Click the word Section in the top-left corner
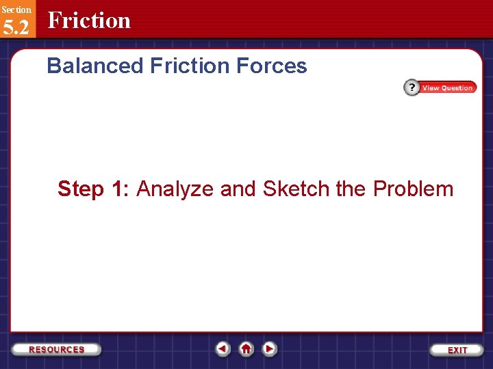pyautogui.click(x=16, y=10)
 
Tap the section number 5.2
pyautogui.click(x=16, y=29)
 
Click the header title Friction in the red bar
pyautogui.click(x=89, y=20)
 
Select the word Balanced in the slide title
pyautogui.click(x=95, y=66)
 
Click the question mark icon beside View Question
pyautogui.click(x=412, y=87)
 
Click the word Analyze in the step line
pyautogui.click(x=175, y=189)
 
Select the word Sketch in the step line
pyautogui.click(x=294, y=189)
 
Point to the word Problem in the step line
pyautogui.click(x=413, y=189)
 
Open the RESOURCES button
pyautogui.click(x=57, y=349)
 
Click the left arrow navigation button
pyautogui.click(x=223, y=349)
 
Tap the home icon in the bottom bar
pyautogui.click(x=246, y=349)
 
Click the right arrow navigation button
pyautogui.click(x=270, y=349)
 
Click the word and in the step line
pyautogui.click(x=238, y=189)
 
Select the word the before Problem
pyautogui.click(x=351, y=189)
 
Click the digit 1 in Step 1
pyautogui.click(x=117, y=189)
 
